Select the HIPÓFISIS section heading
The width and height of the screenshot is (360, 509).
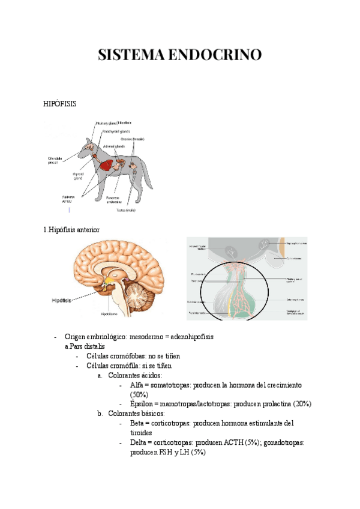(x=60, y=104)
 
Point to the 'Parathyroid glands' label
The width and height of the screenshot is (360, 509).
(x=116, y=130)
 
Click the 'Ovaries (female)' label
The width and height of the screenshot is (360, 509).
(x=140, y=139)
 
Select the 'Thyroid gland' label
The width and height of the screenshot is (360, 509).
(x=78, y=175)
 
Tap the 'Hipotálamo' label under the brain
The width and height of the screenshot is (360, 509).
(x=108, y=313)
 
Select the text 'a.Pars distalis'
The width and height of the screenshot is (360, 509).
(x=84, y=346)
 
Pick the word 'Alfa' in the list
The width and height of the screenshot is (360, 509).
(x=137, y=385)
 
